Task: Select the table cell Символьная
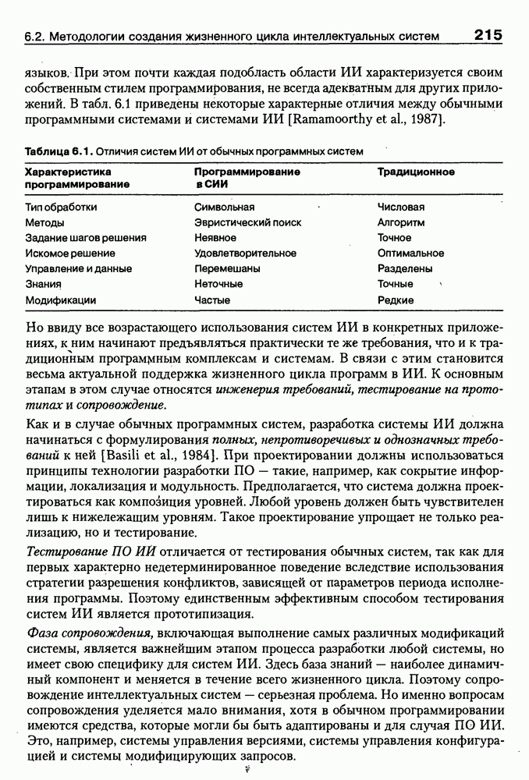point(224,207)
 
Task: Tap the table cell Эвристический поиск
point(247,222)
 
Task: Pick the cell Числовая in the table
point(400,207)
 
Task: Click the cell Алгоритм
point(401,222)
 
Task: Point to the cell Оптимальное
point(410,253)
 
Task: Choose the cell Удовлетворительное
point(245,253)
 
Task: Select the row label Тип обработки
point(61,207)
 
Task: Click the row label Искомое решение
point(70,253)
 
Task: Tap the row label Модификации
point(60,300)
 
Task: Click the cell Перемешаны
point(227,268)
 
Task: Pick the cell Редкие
point(395,300)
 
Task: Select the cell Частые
point(212,300)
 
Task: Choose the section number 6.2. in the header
point(37,36)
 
